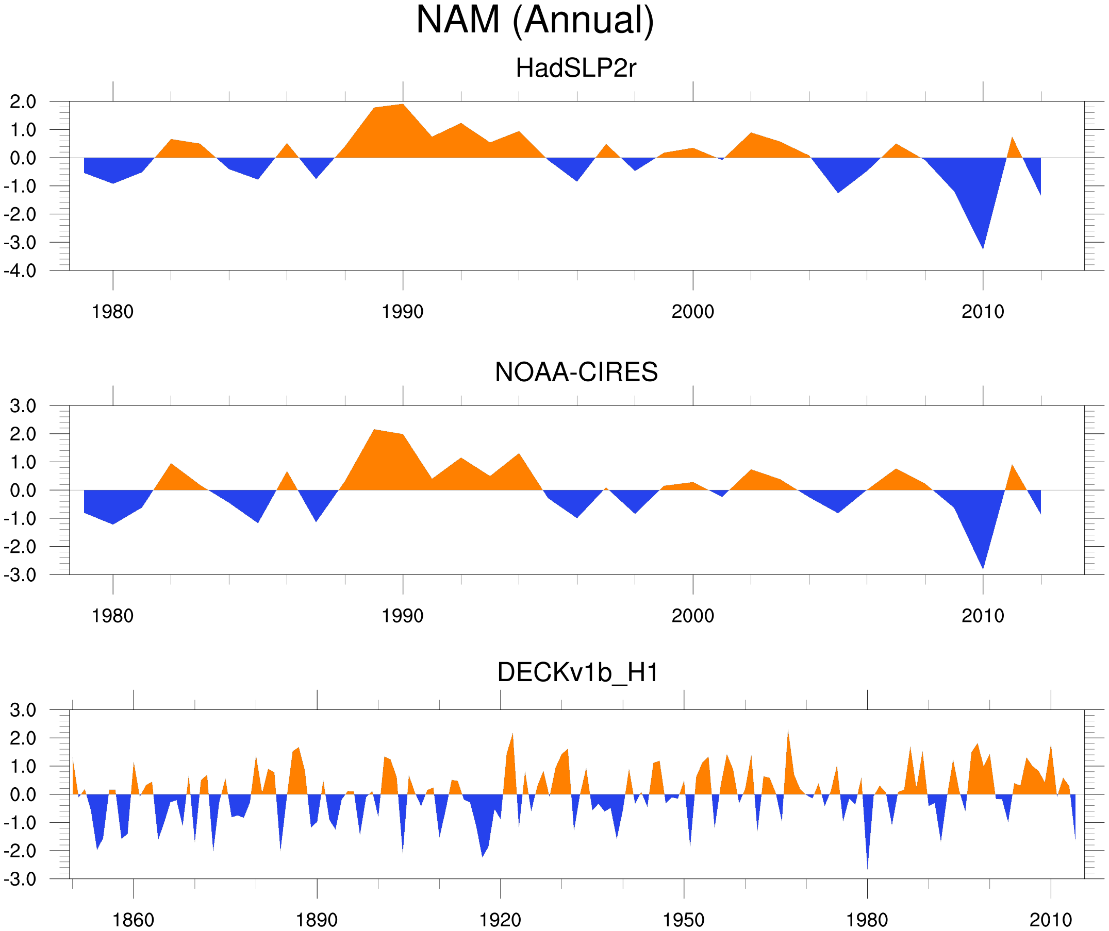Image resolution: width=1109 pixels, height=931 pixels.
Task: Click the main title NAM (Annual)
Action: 535,20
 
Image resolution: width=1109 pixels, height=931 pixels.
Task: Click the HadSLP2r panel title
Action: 575,68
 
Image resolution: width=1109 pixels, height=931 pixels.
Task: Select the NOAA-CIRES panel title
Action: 576,372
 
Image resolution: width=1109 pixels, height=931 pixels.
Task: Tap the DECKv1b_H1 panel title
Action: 578,672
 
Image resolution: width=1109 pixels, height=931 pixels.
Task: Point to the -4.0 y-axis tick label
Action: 20,272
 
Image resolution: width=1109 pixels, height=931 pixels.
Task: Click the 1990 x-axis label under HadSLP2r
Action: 403,312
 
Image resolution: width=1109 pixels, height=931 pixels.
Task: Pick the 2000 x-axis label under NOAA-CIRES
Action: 692,616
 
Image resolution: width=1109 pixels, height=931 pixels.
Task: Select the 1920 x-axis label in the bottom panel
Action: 500,921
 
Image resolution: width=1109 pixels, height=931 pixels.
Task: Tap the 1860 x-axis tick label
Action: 133,921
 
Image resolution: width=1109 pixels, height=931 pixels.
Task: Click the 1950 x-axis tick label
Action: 683,921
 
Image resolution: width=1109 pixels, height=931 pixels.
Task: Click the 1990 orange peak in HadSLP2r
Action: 403,108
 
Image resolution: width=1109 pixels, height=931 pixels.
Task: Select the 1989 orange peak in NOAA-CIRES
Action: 374,434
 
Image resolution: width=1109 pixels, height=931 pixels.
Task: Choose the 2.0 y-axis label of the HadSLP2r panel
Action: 23,102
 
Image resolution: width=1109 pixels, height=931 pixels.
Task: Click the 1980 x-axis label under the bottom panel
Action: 867,921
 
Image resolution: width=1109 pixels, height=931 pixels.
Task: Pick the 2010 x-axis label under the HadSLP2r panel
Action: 982,312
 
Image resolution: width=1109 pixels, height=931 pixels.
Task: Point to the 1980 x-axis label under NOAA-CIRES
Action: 112,616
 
